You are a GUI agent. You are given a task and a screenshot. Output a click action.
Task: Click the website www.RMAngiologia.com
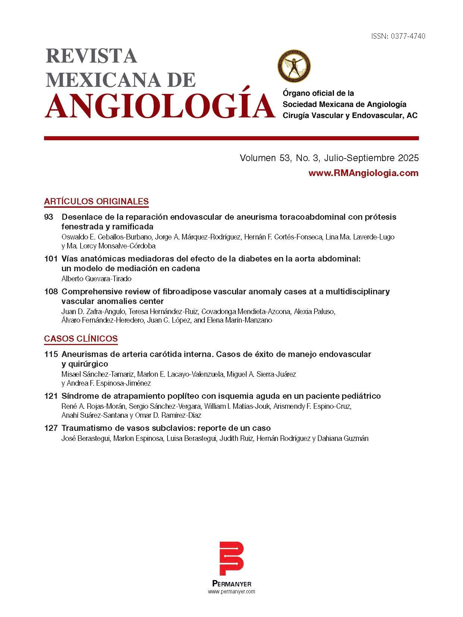point(363,173)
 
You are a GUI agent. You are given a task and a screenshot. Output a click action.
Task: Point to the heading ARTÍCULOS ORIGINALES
point(96,201)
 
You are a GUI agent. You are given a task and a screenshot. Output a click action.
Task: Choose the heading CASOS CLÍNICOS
point(81,339)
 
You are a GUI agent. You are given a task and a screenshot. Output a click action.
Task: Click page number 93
point(49,217)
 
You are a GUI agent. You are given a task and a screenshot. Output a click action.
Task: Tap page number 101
point(50,259)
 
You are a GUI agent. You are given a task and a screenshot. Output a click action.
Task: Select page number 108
point(50,291)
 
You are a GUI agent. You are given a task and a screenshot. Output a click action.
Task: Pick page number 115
point(50,354)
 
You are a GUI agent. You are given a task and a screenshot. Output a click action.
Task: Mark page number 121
point(50,396)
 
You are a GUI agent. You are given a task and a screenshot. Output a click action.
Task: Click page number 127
point(50,428)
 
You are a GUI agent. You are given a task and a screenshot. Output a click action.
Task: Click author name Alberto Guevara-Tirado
point(96,279)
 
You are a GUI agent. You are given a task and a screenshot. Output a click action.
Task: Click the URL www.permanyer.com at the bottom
point(231,592)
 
